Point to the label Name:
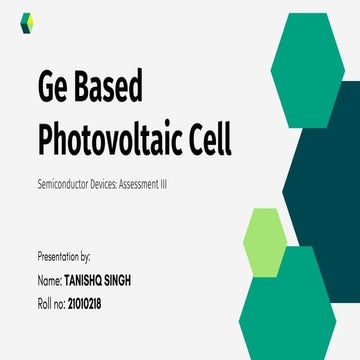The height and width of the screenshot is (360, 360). (49, 280)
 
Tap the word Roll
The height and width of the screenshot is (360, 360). (45, 301)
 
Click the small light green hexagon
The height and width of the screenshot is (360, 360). (265, 241)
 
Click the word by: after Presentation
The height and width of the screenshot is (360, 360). (91, 257)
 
